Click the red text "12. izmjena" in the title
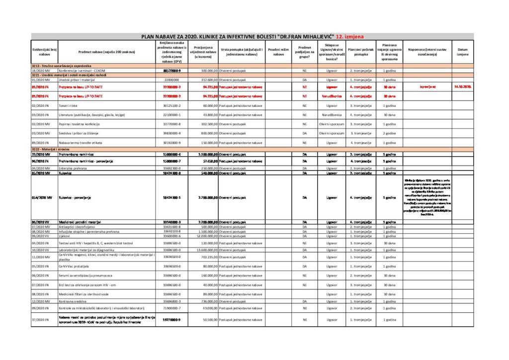(353, 36)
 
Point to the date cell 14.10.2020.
(463, 86)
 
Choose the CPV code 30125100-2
(171, 106)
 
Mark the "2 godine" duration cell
(389, 133)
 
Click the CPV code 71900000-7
(171, 308)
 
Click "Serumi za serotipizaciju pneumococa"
(87, 275)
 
